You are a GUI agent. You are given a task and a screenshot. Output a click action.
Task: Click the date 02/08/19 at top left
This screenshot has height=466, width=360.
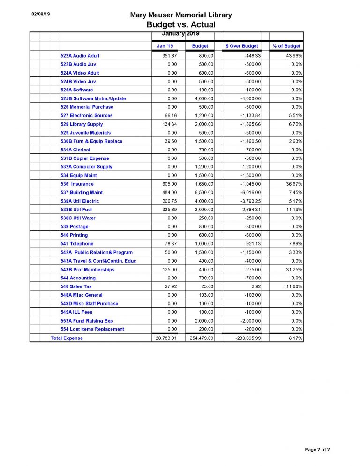point(41,14)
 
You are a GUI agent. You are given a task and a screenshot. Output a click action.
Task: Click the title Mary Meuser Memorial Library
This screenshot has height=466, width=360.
point(181,15)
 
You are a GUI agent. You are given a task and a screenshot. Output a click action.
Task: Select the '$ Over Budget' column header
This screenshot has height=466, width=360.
point(242,46)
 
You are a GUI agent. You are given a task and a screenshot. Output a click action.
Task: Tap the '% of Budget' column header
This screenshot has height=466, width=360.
point(286,46)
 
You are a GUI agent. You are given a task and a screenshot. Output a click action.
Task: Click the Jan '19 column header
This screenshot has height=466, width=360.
point(165,46)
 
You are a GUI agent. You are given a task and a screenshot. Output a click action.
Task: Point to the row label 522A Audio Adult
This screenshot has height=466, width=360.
point(80,56)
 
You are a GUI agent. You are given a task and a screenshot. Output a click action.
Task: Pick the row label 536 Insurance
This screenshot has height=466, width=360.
point(77,184)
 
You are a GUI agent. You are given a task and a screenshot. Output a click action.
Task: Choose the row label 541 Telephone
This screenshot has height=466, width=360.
point(77,244)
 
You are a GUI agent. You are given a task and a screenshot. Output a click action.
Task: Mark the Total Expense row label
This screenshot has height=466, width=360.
point(67,338)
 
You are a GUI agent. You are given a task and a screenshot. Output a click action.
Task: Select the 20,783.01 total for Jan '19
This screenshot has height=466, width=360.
point(166,338)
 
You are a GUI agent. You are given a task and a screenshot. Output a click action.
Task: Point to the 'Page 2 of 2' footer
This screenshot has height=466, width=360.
point(317,450)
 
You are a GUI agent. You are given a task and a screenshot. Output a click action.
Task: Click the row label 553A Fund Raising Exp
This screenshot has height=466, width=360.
point(87,321)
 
